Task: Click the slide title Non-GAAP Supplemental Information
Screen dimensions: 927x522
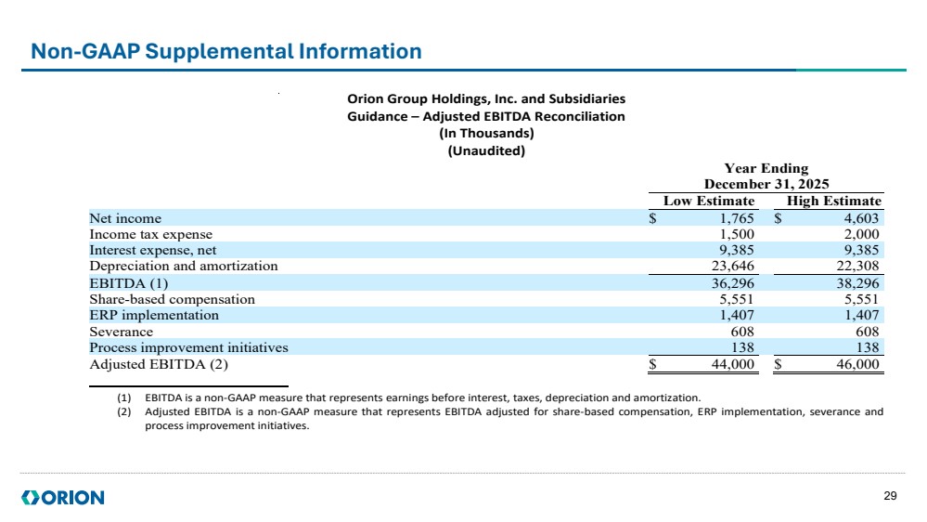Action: tap(225, 51)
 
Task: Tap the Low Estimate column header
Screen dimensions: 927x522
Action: tap(709, 202)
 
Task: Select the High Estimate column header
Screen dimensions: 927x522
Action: tap(833, 202)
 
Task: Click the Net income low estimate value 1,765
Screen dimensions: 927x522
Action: tap(737, 218)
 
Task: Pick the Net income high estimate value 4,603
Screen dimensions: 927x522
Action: tap(861, 218)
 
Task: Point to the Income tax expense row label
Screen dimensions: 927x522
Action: tap(150, 234)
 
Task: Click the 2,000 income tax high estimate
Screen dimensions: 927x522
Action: tap(861, 234)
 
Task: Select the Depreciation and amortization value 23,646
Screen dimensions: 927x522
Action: tap(733, 267)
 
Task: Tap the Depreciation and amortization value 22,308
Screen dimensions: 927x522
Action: tap(857, 267)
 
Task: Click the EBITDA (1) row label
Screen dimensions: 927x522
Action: tap(129, 283)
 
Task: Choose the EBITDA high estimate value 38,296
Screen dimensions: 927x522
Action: tap(857, 283)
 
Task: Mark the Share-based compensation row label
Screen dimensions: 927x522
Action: tap(172, 299)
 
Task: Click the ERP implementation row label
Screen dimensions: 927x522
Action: tap(154, 316)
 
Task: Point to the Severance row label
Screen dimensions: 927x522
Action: tap(122, 332)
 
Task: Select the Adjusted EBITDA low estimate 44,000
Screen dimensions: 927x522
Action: tap(733, 365)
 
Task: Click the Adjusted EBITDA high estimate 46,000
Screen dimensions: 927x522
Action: tap(857, 365)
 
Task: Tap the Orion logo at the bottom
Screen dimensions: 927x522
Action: tap(63, 498)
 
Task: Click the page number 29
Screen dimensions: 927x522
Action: tap(890, 496)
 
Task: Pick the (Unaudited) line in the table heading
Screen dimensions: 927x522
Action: tap(486, 150)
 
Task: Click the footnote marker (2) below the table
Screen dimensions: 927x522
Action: tap(124, 411)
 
